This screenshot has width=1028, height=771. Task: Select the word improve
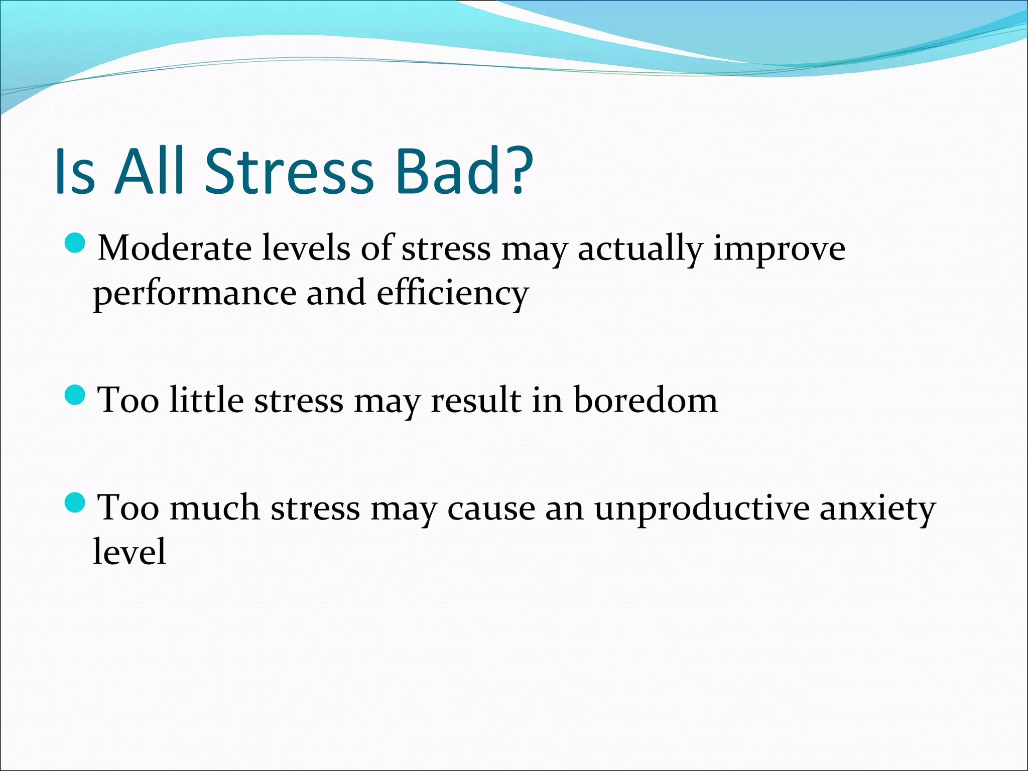click(x=779, y=249)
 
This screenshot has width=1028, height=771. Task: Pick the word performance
click(x=195, y=294)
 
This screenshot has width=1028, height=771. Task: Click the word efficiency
click(x=453, y=293)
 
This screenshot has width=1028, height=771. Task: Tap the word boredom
click(x=646, y=400)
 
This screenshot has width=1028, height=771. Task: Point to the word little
click(x=206, y=400)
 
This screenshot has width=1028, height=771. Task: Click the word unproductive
click(x=702, y=509)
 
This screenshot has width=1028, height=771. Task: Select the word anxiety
click(x=877, y=509)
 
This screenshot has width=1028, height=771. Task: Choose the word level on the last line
click(x=130, y=551)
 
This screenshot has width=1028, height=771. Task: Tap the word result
click(x=476, y=400)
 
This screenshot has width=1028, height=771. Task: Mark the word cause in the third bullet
click(x=491, y=508)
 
